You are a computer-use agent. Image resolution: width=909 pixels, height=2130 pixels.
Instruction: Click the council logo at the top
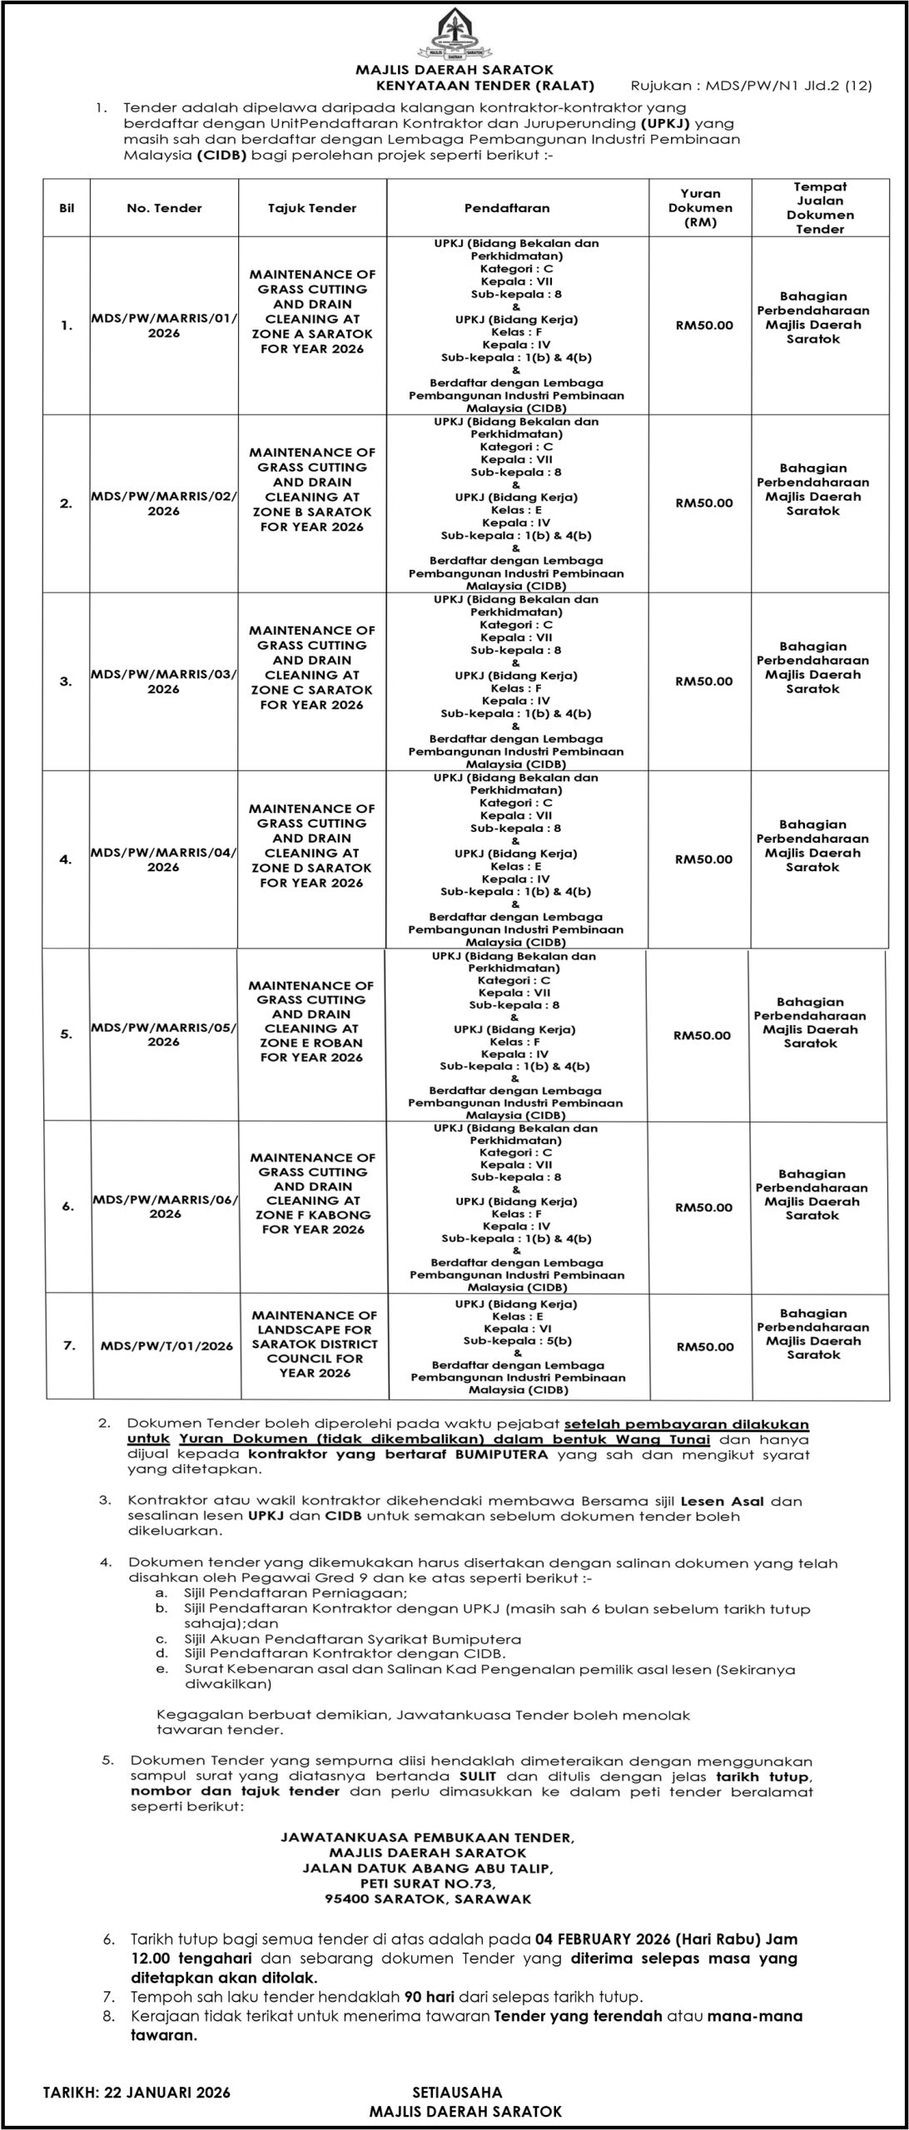coord(454,33)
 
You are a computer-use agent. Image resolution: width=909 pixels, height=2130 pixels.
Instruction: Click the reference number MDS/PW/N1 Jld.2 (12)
coord(752,85)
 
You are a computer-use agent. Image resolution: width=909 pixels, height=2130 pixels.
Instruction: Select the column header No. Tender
coord(164,208)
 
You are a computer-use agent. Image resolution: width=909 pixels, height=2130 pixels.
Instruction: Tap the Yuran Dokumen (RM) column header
coord(700,208)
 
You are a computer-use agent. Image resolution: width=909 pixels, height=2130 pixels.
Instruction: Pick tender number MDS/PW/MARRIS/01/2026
coord(164,325)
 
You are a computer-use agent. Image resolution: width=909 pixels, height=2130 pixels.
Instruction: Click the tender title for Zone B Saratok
coord(312,489)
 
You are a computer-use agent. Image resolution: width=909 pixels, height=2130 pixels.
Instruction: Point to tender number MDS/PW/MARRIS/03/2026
coord(164,681)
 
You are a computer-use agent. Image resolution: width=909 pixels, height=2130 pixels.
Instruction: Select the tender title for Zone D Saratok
coord(312,845)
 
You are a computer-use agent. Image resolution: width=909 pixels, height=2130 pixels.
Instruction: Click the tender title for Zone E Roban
coord(311,1021)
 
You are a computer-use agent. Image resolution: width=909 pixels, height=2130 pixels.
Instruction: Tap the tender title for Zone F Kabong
coord(313,1193)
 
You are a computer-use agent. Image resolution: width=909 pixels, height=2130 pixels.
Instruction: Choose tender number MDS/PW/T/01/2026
coord(166,1345)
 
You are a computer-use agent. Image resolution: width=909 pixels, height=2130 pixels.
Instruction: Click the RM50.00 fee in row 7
coord(704,1346)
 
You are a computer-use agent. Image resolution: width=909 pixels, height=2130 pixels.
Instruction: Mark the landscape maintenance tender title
coord(315,1344)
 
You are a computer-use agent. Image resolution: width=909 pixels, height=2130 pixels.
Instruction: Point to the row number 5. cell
coord(67,1034)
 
